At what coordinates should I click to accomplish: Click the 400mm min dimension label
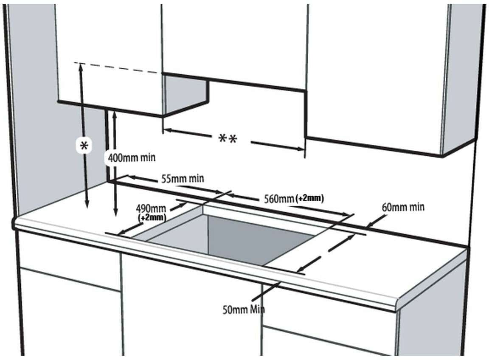[x=131, y=157]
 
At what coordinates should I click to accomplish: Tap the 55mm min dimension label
[x=183, y=179]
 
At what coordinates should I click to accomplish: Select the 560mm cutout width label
[x=279, y=199]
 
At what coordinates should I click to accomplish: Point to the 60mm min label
[x=403, y=207]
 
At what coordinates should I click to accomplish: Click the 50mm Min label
[x=244, y=310]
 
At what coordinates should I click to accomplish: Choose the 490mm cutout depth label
[x=151, y=208]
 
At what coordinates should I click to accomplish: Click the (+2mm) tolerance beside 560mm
[x=309, y=198]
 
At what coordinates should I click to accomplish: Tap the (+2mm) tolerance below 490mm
[x=152, y=217]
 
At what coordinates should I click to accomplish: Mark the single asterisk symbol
[x=84, y=145]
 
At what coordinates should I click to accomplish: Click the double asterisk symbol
[x=228, y=138]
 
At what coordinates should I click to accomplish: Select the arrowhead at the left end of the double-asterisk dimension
[x=167, y=130]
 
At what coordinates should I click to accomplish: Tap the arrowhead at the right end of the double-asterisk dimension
[x=301, y=149]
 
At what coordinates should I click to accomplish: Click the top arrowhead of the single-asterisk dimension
[x=81, y=66]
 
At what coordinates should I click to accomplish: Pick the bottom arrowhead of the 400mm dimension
[x=116, y=213]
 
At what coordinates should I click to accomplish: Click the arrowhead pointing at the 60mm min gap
[x=370, y=224]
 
